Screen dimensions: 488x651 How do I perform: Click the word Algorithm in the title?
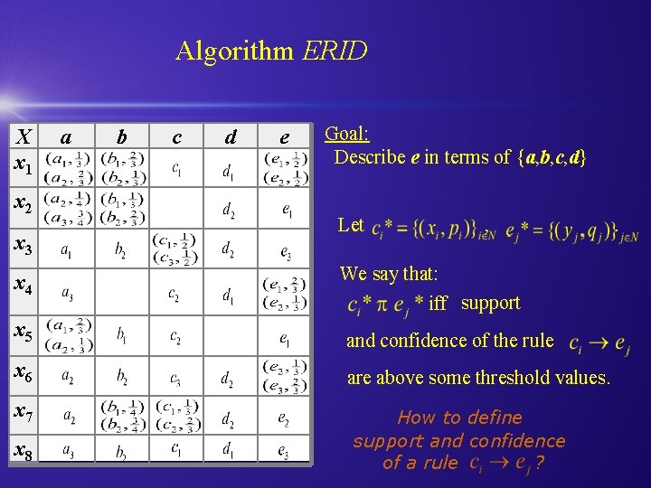(x=235, y=50)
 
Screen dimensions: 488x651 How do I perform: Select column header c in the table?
(x=176, y=137)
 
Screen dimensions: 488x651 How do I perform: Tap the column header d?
(x=231, y=137)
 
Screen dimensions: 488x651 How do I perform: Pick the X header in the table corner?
(x=24, y=136)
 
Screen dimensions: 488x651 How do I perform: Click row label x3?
(x=22, y=246)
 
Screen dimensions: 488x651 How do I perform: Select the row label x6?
(x=22, y=371)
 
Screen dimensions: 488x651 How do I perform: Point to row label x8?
(x=22, y=449)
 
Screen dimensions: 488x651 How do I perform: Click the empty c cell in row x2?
(x=176, y=208)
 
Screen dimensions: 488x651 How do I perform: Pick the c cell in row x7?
(x=176, y=416)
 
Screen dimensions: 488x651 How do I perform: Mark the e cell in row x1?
(x=285, y=167)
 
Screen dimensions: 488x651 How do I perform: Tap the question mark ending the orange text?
(x=540, y=464)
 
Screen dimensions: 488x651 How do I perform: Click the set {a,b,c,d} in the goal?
(x=552, y=157)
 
